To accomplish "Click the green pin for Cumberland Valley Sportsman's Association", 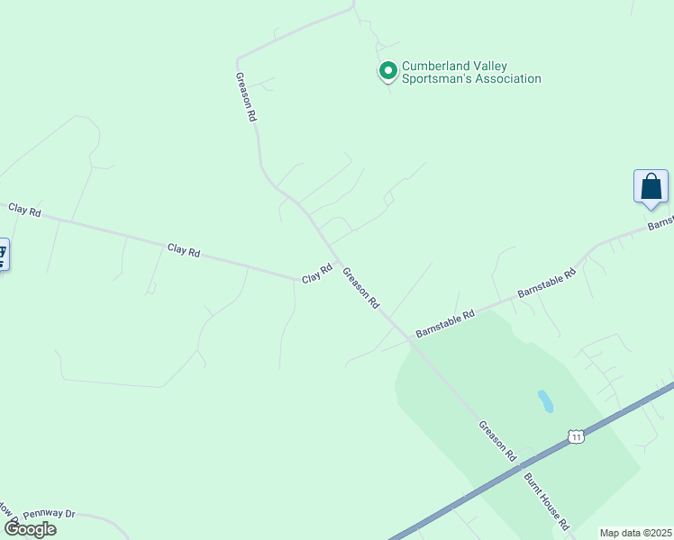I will tap(387, 70).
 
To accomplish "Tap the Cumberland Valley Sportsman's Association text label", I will tap(471, 72).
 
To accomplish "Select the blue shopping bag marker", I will tap(651, 187).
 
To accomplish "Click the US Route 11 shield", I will tap(575, 436).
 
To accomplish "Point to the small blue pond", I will tap(545, 401).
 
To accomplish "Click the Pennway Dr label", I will tap(50, 514).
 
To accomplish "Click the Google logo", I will tap(30, 528).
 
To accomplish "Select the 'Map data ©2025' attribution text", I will tap(636, 533).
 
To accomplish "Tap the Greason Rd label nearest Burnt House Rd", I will tap(496, 441).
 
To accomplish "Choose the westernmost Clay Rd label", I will tap(24, 210).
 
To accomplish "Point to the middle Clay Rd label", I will tap(183, 250).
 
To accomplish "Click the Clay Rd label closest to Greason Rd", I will tap(317, 274).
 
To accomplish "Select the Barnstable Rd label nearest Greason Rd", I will tap(444, 325).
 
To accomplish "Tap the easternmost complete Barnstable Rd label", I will tap(546, 283).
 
